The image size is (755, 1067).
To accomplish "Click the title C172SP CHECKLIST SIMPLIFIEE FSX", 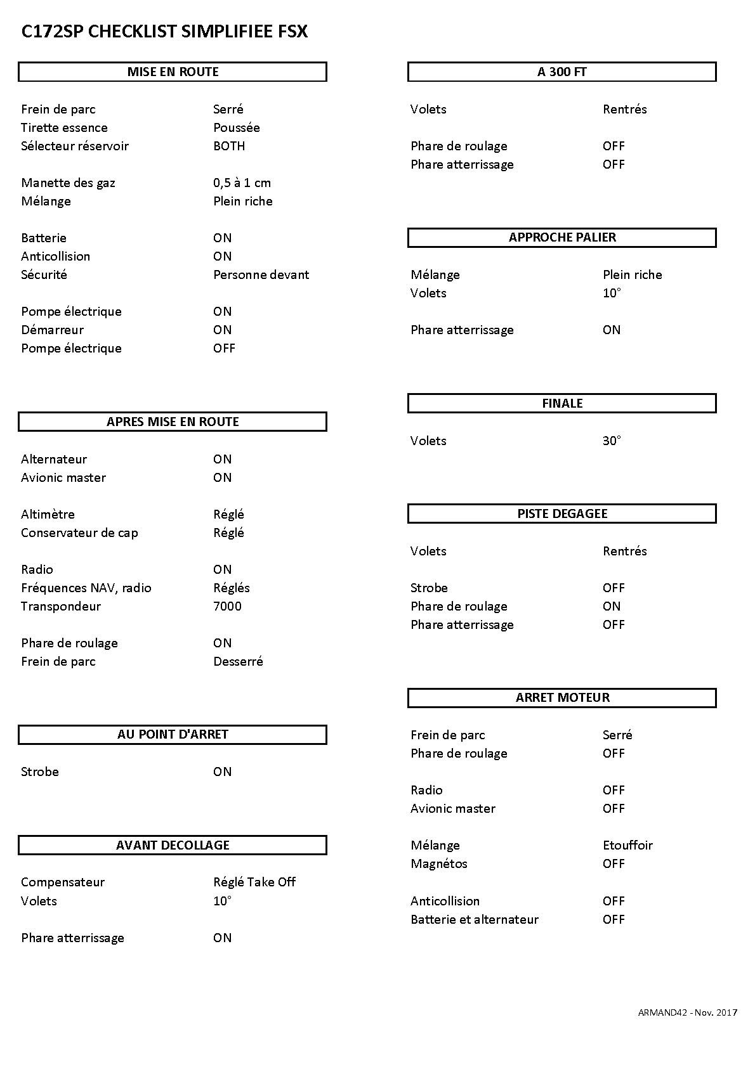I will (x=164, y=32).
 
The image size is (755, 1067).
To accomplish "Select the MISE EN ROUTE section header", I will (x=173, y=72).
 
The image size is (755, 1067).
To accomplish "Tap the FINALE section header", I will (x=562, y=403).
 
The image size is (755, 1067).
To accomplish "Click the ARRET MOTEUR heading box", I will (x=562, y=697).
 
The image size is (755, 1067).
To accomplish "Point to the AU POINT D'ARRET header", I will (x=173, y=734).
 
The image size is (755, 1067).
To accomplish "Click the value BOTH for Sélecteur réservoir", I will (x=229, y=146).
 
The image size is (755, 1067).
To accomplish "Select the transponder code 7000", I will (x=227, y=606).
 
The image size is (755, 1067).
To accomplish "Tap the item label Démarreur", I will (x=52, y=330).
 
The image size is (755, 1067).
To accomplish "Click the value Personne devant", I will (x=261, y=275).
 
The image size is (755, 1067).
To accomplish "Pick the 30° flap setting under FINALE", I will (x=612, y=441).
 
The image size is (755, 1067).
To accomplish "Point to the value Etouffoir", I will (x=627, y=845).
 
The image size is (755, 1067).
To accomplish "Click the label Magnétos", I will (x=438, y=863).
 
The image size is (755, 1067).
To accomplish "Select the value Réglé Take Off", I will (x=254, y=882).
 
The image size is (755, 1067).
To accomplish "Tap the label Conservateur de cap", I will (x=79, y=533).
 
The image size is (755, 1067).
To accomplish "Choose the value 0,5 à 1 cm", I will (x=242, y=183).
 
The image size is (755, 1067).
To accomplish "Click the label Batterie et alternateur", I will (x=474, y=919).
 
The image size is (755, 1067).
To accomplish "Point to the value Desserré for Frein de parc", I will (x=238, y=661).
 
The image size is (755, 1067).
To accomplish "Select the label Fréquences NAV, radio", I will (x=86, y=588).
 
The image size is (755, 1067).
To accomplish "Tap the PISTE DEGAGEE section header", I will (x=562, y=514).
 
